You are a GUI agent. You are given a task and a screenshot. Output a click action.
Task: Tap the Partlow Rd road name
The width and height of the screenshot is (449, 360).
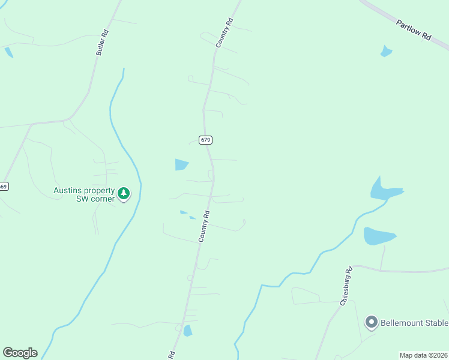pos(414,30)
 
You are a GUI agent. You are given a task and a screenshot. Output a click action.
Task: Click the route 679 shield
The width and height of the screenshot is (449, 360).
pos(206,140)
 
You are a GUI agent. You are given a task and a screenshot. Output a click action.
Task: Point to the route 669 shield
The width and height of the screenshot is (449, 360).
pos(4,187)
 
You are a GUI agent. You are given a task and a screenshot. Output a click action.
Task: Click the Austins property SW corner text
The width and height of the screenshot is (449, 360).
pos(84,194)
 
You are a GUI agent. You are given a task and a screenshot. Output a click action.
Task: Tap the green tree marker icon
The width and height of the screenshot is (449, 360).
pos(124,193)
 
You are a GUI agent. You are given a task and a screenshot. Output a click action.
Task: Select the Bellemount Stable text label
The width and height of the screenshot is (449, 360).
pos(415,323)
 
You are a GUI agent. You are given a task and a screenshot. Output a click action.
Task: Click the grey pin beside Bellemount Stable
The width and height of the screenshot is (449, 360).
pos(371,323)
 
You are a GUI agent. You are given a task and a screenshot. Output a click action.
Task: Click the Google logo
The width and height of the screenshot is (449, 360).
pos(20,353)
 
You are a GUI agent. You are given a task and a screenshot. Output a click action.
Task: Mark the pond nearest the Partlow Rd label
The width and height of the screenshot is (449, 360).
pos(386,52)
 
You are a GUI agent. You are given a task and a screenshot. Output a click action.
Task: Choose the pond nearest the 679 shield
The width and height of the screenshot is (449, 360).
pos(181,164)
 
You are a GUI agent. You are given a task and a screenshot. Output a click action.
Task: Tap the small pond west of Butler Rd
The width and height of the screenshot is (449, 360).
pos(8,52)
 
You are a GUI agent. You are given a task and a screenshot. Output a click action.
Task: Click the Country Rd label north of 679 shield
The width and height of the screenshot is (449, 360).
pos(224,33)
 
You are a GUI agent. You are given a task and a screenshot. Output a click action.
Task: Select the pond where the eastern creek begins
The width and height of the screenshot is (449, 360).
pos(382,190)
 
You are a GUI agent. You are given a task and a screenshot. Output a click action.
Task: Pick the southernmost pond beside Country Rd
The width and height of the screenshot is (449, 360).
pos(188,330)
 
